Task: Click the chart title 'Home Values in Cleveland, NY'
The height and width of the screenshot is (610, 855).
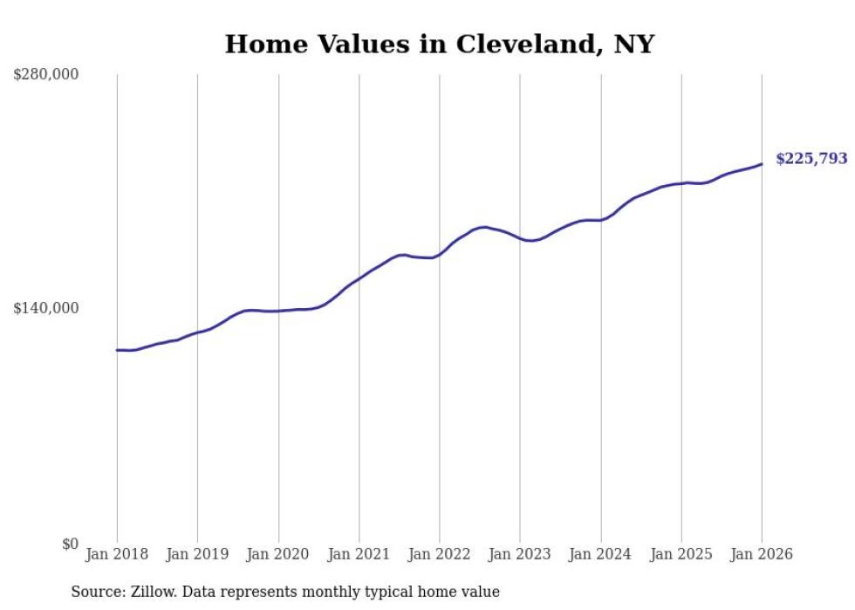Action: (x=439, y=44)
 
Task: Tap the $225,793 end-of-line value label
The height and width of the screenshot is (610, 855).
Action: (x=811, y=159)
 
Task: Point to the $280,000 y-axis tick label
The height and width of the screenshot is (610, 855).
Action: (x=45, y=75)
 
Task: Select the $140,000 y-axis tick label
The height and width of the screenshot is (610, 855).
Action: (x=45, y=308)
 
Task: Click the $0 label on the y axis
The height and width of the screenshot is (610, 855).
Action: (x=69, y=544)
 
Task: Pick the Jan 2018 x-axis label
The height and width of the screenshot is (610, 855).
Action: (x=117, y=554)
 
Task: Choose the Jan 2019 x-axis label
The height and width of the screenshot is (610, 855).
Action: (x=197, y=554)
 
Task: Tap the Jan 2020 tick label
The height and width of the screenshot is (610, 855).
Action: (x=278, y=554)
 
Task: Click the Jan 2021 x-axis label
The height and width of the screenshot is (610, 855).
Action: (x=359, y=554)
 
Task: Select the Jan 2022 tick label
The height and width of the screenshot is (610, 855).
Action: (x=440, y=554)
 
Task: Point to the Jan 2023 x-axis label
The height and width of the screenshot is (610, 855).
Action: (x=520, y=554)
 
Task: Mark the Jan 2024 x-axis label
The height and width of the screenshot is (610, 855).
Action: (x=601, y=554)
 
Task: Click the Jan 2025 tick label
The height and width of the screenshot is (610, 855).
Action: (x=681, y=554)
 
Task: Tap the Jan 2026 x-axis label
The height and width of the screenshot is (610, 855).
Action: (x=762, y=554)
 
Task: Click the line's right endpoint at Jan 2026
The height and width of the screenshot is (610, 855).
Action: (x=762, y=164)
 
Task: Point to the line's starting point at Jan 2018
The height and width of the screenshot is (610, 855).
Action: (x=117, y=350)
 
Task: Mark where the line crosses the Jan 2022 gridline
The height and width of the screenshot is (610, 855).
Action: (x=440, y=253)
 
